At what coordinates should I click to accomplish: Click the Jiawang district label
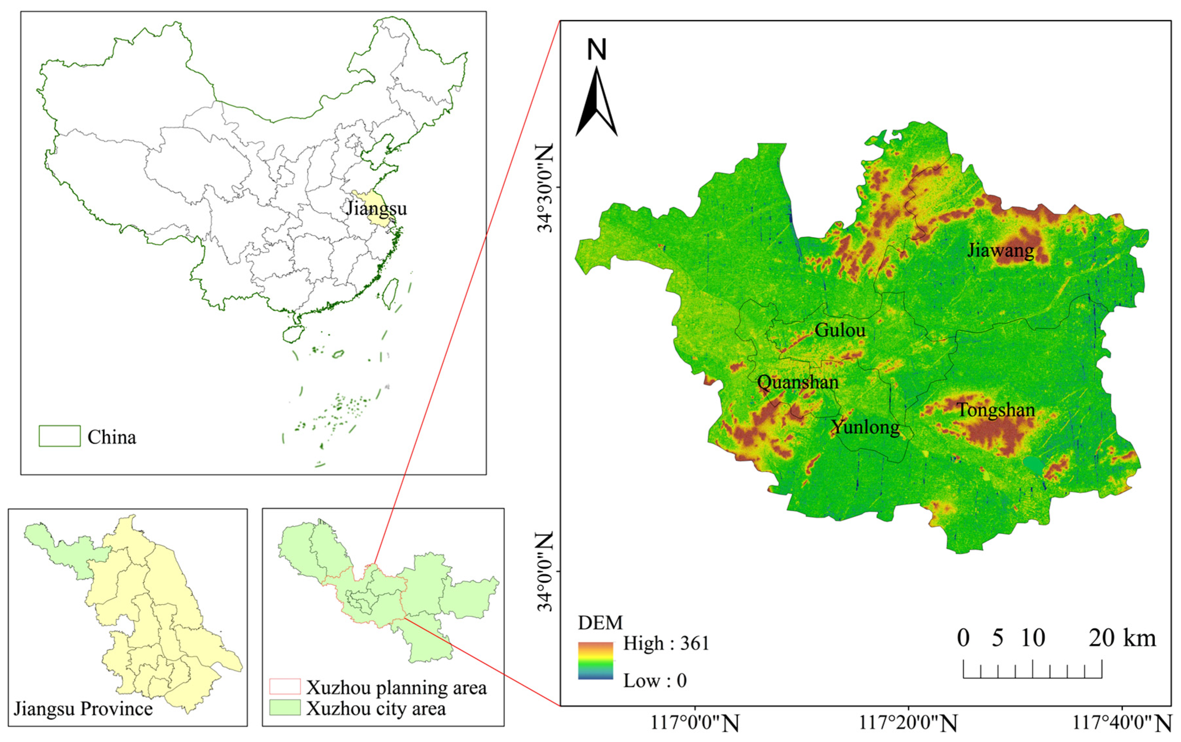pyautogui.click(x=1001, y=250)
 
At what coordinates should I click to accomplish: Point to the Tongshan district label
pyautogui.click(x=996, y=410)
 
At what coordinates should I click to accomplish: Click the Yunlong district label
pyautogui.click(x=865, y=427)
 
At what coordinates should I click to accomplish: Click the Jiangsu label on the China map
pyautogui.click(x=376, y=208)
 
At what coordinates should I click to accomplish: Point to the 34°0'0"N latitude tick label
pyautogui.click(x=545, y=572)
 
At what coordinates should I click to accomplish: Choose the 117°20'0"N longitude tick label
pyautogui.click(x=908, y=723)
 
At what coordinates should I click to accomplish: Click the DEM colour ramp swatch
pyautogui.click(x=596, y=661)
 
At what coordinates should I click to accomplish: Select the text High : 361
pyautogui.click(x=666, y=643)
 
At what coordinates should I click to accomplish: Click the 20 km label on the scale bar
pyautogui.click(x=1122, y=638)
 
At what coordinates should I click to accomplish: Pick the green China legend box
pyautogui.click(x=59, y=436)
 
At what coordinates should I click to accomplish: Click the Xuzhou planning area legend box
pyautogui.click(x=285, y=687)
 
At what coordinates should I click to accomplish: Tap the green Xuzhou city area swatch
pyautogui.click(x=285, y=708)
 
